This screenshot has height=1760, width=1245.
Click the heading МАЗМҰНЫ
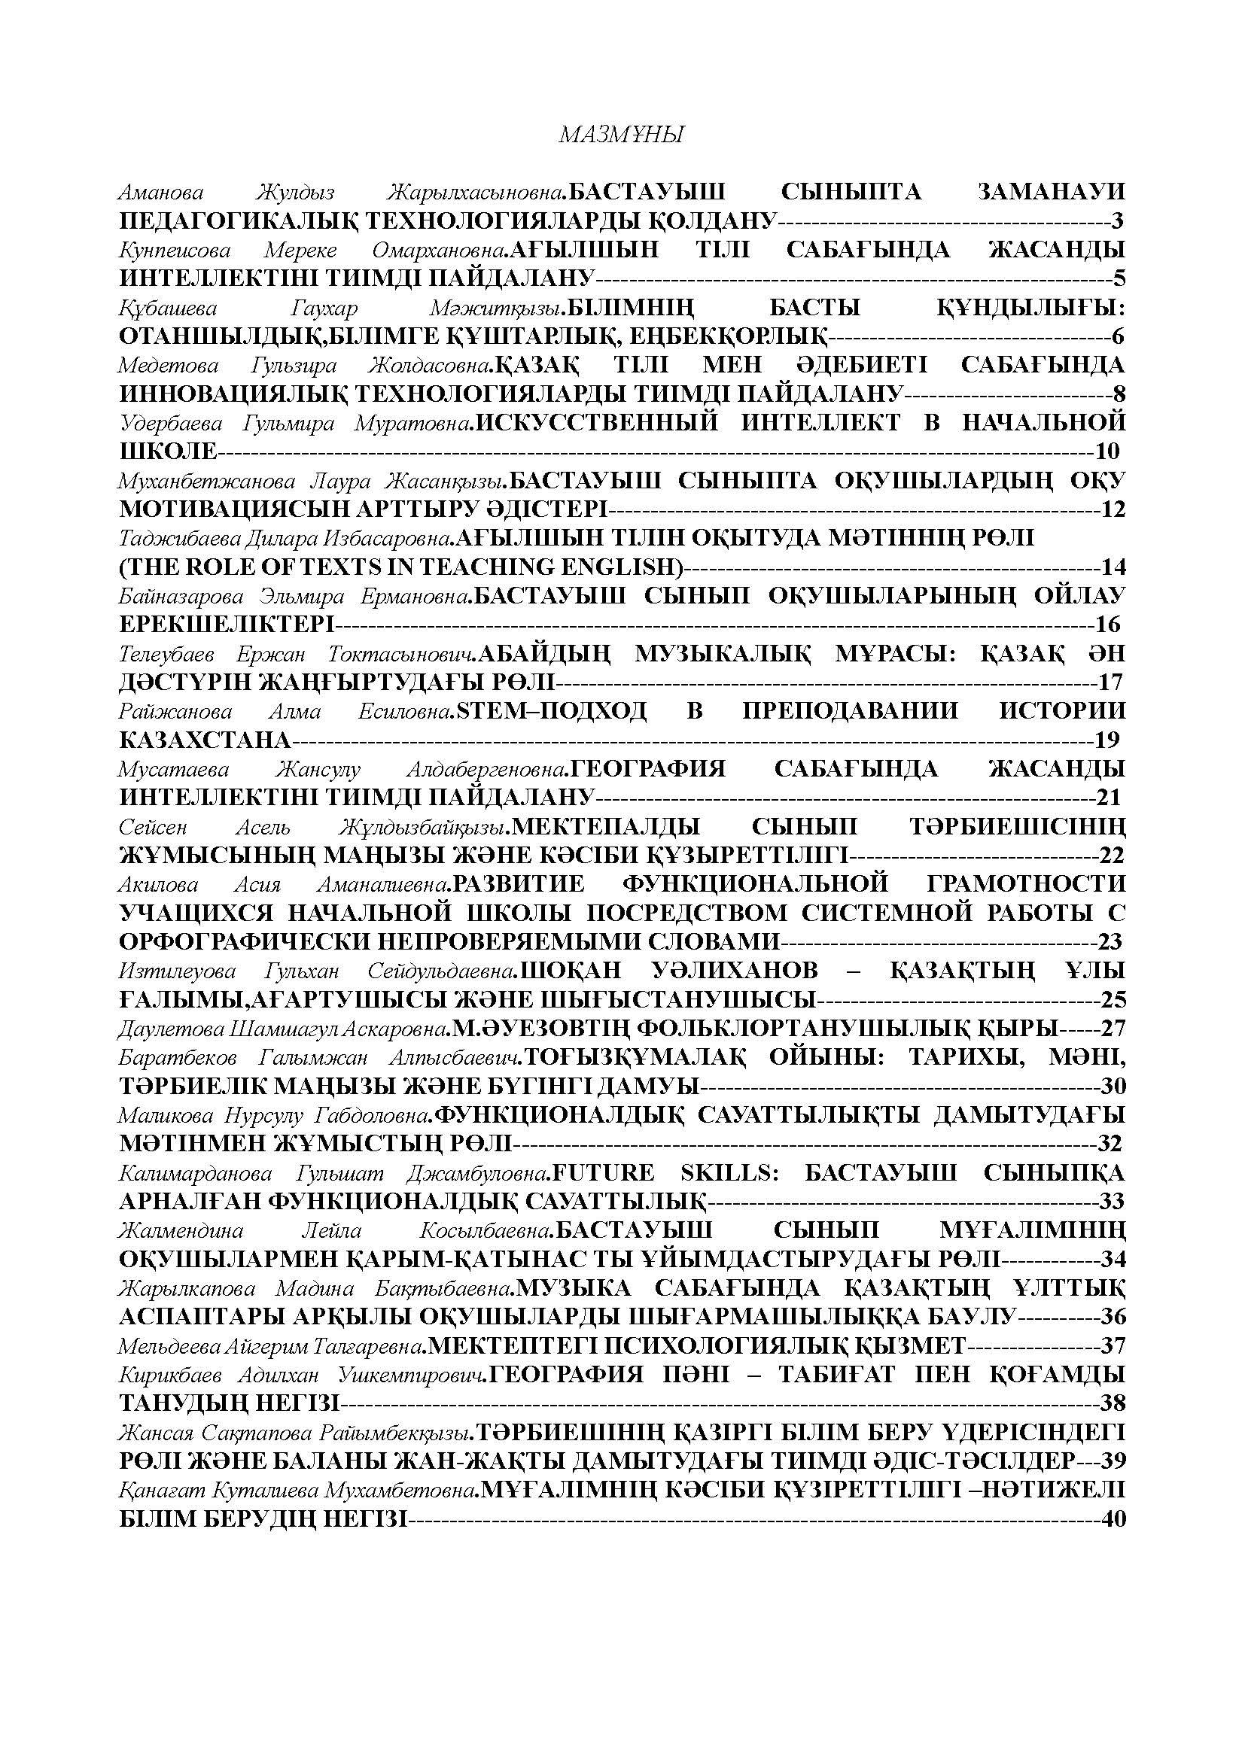point(621,135)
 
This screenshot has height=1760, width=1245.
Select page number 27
point(1113,1028)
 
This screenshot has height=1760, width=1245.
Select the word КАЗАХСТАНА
point(205,740)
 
